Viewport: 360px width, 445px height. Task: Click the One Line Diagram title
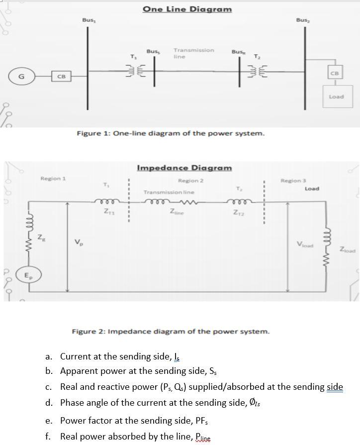(187, 9)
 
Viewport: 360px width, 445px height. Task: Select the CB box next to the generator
(61, 76)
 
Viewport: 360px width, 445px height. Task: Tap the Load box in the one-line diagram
(336, 96)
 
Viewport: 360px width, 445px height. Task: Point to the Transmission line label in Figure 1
(193, 53)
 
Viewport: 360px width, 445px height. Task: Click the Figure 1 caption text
(170, 133)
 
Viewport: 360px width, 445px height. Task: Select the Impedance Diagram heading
(184, 168)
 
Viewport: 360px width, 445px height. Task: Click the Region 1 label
(53, 178)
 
